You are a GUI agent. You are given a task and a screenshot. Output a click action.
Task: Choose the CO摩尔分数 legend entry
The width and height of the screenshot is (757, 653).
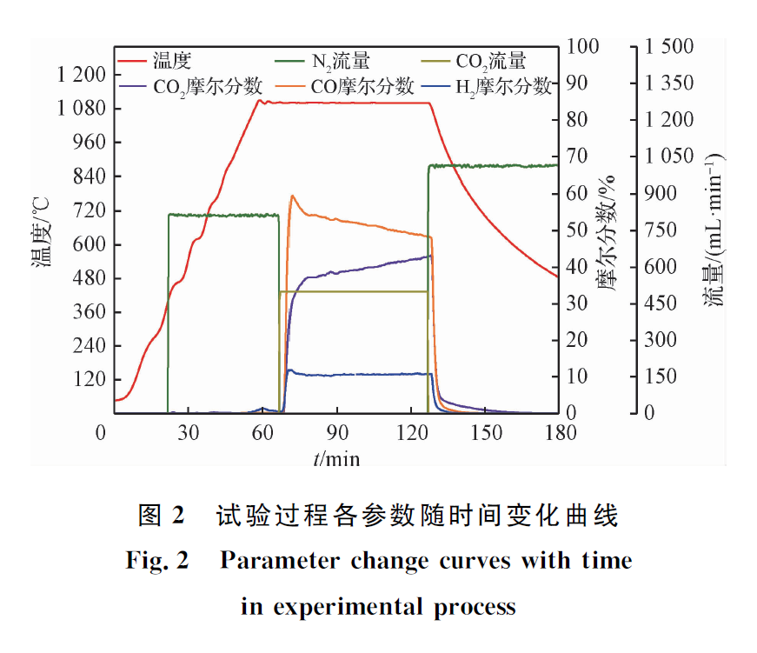tap(364, 86)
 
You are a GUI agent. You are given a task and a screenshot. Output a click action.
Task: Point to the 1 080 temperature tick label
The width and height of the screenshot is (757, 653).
tap(80, 109)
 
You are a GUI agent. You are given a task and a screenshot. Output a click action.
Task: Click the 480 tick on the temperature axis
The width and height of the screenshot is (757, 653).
tap(90, 278)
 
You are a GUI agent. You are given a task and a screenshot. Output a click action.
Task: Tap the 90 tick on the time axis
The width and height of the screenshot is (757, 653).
tap(338, 433)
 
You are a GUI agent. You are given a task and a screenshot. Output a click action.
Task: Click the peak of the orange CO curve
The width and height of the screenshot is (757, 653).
tap(293, 196)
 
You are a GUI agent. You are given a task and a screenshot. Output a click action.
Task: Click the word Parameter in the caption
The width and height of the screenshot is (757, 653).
tap(281, 561)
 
